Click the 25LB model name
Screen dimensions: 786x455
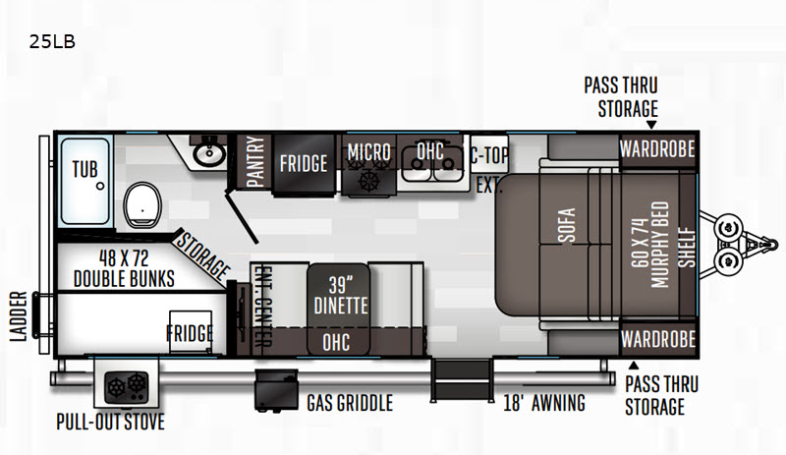point(52,41)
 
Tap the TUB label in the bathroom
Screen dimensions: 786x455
point(84,170)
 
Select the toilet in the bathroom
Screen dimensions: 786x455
point(142,204)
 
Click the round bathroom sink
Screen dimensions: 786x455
point(209,154)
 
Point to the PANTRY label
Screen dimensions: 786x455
point(255,161)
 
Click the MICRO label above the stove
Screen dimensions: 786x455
point(369,151)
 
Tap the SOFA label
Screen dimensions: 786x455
point(567,225)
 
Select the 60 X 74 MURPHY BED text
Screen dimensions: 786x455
point(650,245)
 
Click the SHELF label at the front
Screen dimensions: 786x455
point(687,248)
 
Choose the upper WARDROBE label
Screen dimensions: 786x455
point(657,149)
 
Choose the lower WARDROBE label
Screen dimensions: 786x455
point(658,340)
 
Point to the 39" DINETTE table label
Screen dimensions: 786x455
point(340,296)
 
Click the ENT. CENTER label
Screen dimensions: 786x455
point(262,306)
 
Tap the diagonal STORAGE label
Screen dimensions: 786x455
point(202,256)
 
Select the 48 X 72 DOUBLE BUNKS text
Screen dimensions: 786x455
point(124,268)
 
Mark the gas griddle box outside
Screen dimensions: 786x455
point(276,390)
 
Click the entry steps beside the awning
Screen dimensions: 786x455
point(462,380)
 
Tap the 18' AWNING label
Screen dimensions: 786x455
point(544,403)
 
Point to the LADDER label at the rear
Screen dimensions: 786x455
point(19,316)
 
